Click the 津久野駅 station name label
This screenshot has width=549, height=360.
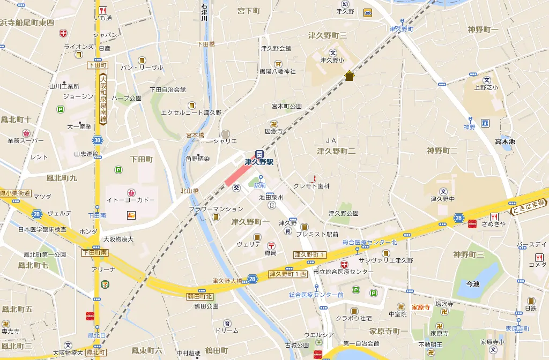click(259, 162)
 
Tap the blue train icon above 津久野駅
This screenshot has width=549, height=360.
click(259, 153)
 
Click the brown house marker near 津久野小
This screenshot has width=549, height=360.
click(350, 76)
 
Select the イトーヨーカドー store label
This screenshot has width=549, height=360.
click(131, 200)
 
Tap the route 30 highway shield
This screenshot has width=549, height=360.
click(97, 140)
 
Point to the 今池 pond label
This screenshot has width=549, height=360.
click(472, 284)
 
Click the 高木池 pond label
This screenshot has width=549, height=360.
click(505, 141)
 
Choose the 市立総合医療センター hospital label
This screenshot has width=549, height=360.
click(343, 272)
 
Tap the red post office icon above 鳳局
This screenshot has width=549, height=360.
click(271, 245)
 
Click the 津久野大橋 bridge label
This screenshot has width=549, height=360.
click(227, 280)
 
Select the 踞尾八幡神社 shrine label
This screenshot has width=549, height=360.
click(278, 71)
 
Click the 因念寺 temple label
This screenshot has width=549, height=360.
click(273, 131)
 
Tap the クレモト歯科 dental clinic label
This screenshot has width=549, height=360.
click(311, 186)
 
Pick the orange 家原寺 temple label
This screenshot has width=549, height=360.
click(421, 307)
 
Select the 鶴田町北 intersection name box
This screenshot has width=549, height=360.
click(200, 296)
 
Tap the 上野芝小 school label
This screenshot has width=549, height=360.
click(486, 87)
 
